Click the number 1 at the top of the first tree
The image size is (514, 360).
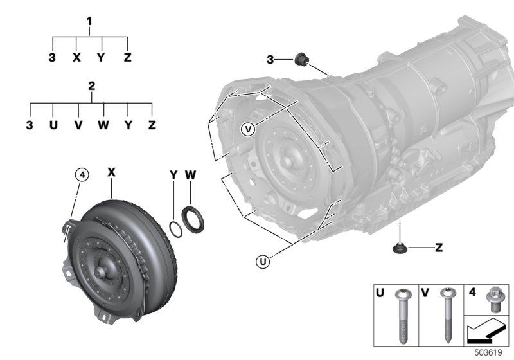[x=89, y=22]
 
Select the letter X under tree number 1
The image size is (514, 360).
[x=76, y=58]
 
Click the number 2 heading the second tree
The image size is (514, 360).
[x=91, y=86]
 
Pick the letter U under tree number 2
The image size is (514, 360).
[x=53, y=125]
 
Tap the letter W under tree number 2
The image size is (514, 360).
[x=103, y=125]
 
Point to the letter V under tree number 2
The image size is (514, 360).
[x=78, y=125]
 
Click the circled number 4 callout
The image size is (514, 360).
[x=82, y=175]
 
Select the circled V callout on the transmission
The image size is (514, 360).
[x=248, y=129]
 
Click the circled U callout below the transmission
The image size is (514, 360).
[x=263, y=262]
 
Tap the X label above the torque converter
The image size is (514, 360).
[x=111, y=172]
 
